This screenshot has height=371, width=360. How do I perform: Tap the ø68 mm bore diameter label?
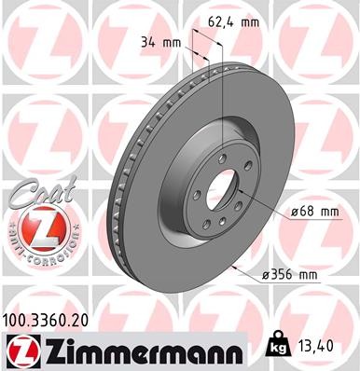click(313, 212)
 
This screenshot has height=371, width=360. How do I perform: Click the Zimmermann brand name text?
click(140, 350)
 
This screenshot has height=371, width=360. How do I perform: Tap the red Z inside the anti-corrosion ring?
click(35, 227)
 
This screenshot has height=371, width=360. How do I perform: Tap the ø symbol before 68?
click(295, 212)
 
